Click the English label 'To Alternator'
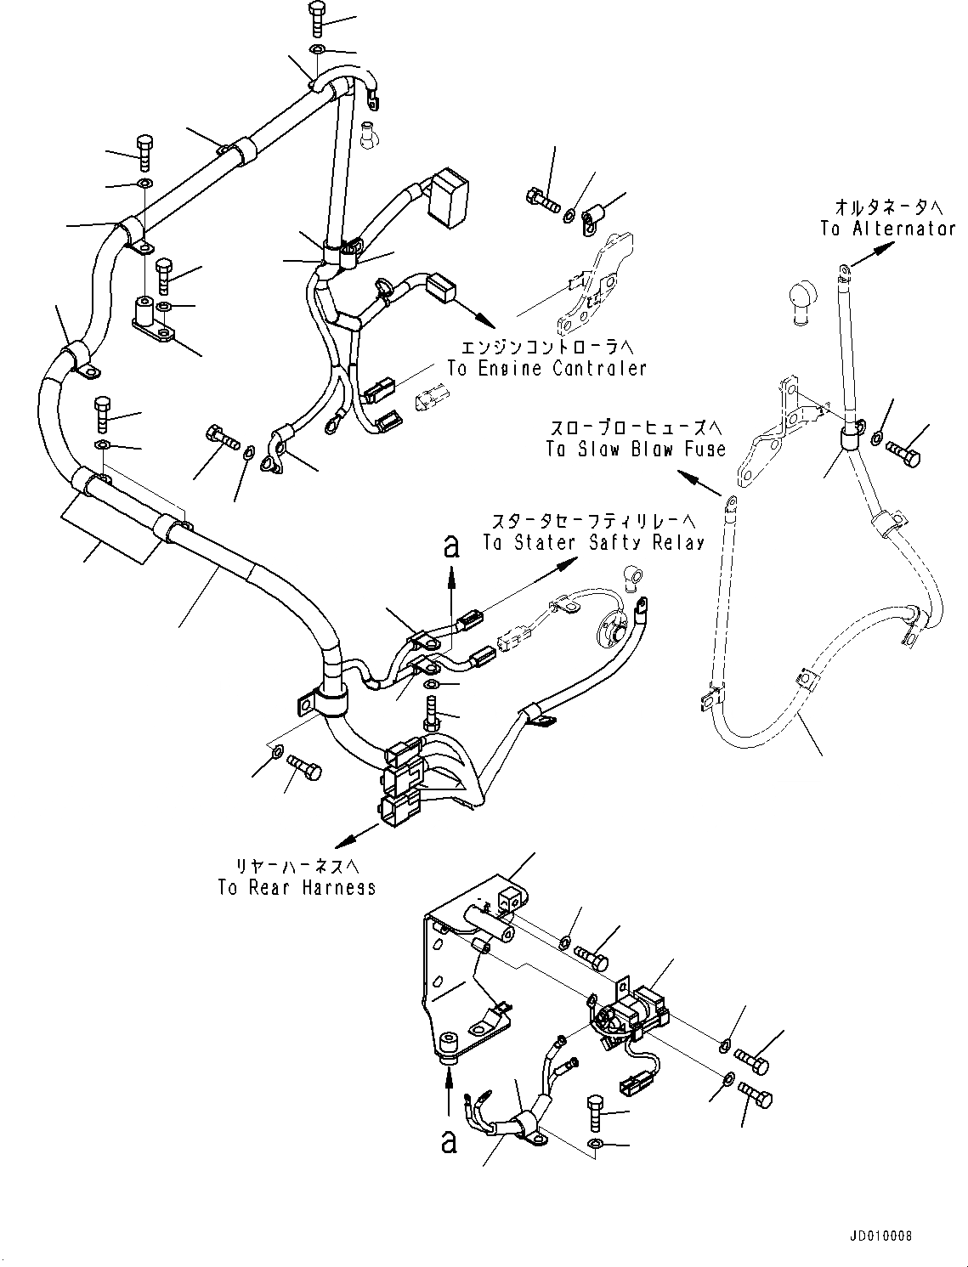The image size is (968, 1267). [887, 229]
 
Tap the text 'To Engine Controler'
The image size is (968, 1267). [547, 368]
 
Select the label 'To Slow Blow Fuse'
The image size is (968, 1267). [636, 450]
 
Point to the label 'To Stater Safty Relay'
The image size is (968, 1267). [593, 542]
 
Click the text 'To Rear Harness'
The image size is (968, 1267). [297, 887]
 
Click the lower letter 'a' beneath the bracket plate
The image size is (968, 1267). [449, 1141]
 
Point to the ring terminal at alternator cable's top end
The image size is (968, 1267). [843, 271]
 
